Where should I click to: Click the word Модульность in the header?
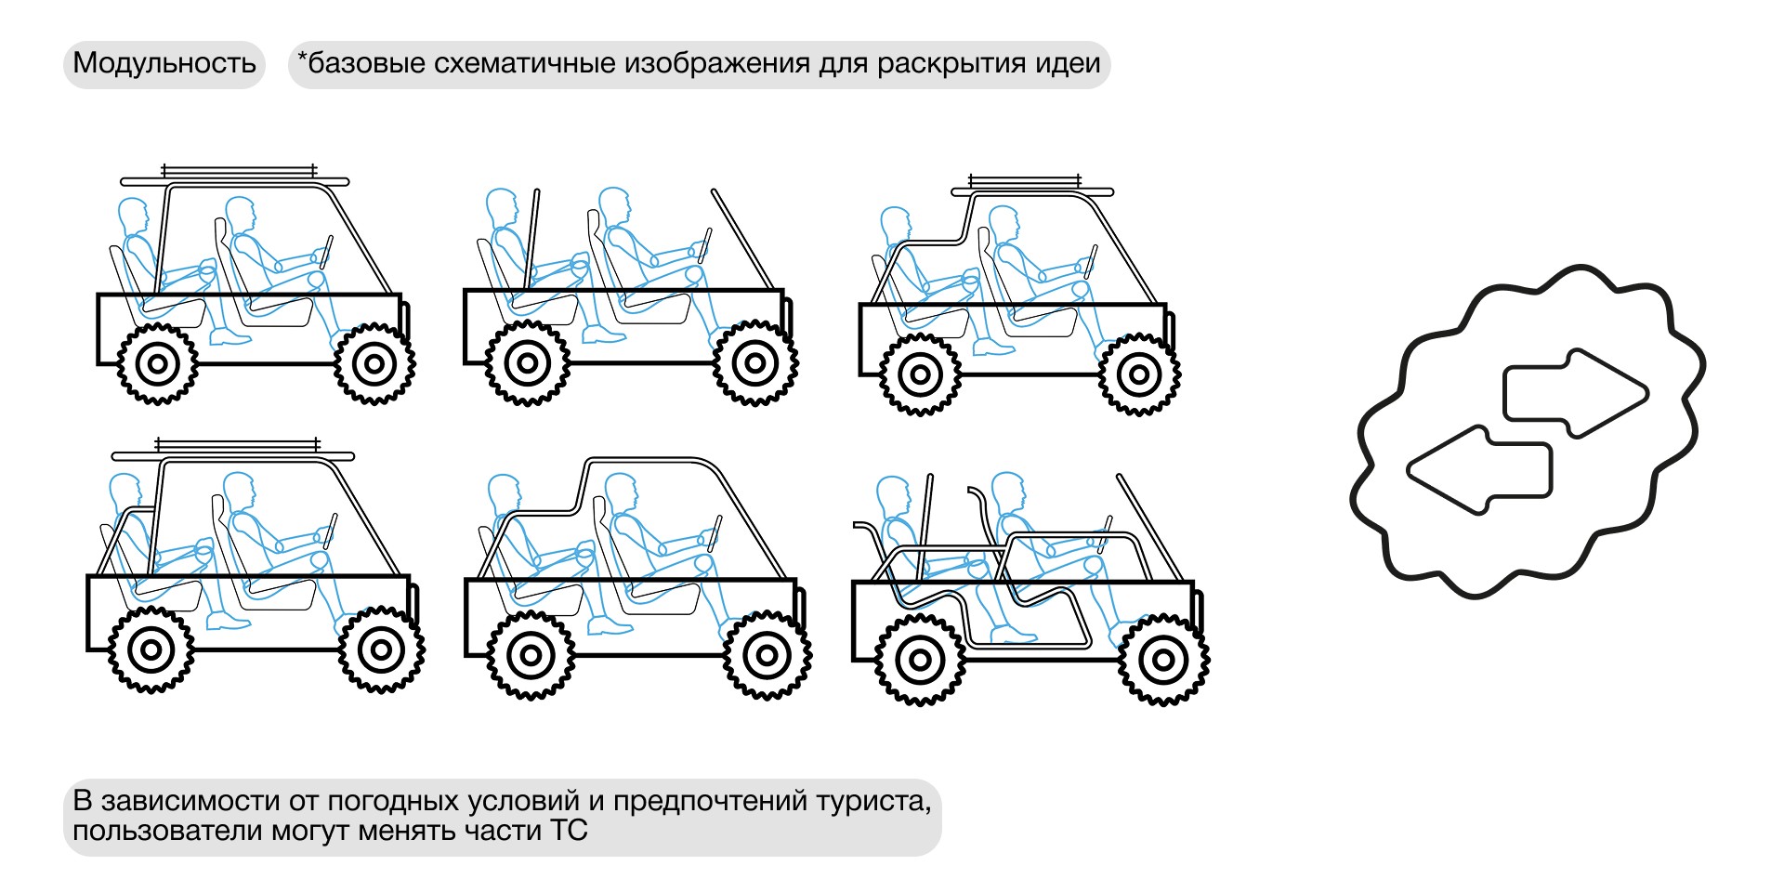coord(164,63)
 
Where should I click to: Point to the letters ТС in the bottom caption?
coord(569,830)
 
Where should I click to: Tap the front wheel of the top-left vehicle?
coord(374,363)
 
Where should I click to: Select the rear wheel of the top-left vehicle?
coord(158,363)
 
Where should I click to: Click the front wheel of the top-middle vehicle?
coord(755,362)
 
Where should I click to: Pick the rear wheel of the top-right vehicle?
coord(920,374)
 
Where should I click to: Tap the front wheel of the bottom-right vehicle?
coord(1163,660)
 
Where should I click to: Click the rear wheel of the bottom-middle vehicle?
coord(531,655)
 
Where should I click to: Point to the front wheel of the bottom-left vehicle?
coord(381,649)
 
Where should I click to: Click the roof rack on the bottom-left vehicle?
coord(233,451)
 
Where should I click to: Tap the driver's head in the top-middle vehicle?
coord(614,206)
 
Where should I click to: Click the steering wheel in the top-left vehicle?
coord(326,252)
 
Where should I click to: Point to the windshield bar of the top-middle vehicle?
coord(742,239)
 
